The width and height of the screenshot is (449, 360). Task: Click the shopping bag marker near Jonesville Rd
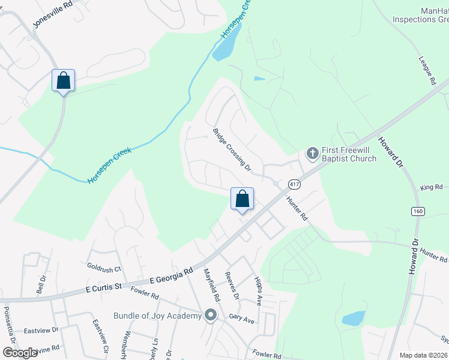coord(63,80)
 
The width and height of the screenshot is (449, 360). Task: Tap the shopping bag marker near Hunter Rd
coord(242,199)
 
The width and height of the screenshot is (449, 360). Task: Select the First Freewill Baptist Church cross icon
coord(312,154)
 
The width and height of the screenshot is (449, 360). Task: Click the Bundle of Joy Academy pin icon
coord(210,315)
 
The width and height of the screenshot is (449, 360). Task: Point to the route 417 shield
coord(294,184)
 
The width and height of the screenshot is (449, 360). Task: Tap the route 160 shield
coord(418,211)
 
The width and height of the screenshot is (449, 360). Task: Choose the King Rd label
coord(430,188)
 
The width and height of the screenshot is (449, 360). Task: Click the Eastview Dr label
coord(41,330)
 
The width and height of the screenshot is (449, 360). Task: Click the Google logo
coord(20,352)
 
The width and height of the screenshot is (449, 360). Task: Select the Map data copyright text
coord(423,355)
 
